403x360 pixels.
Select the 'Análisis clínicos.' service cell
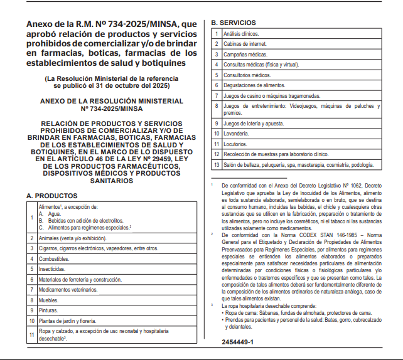242,33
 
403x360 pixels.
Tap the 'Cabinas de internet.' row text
245,44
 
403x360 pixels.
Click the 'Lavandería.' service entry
236,134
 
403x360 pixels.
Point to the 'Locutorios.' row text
236,144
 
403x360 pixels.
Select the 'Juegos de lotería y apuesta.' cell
254,124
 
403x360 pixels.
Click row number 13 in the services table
216,165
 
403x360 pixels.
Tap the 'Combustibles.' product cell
53,258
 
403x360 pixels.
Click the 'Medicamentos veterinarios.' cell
68,290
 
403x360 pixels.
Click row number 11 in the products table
31,334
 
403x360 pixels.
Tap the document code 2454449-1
237,342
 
